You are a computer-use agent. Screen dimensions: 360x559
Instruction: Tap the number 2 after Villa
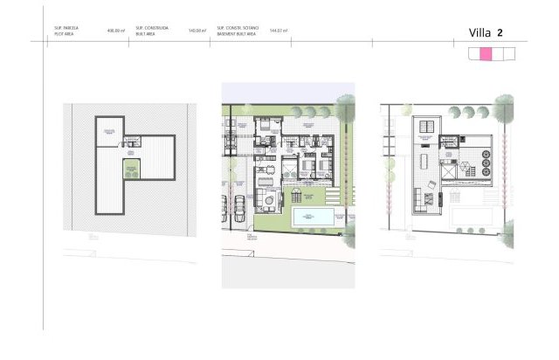point(500,33)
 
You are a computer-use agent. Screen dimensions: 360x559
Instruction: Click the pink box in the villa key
point(487,54)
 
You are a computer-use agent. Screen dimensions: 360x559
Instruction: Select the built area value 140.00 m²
point(197,31)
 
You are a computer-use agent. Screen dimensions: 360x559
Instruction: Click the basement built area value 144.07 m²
point(279,31)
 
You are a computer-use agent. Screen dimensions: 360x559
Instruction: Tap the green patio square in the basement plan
point(132,168)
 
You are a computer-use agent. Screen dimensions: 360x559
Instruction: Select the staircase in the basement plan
point(132,142)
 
